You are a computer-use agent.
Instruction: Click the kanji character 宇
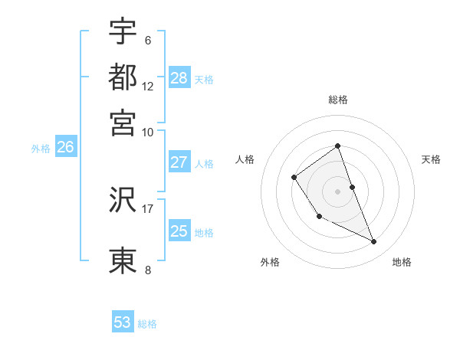tap(123, 32)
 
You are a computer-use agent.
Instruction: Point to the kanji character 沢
tap(123, 200)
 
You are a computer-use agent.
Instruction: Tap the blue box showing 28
tap(179, 77)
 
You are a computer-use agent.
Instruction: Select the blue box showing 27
tap(179, 162)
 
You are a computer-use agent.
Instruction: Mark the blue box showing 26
tap(65, 148)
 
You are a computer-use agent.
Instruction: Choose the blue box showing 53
tap(123, 322)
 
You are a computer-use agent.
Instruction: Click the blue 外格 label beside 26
tap(41, 149)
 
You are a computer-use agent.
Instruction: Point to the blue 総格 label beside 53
tap(147, 324)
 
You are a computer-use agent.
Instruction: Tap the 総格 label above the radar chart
tap(337, 100)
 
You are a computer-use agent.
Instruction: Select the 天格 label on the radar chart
tap(431, 159)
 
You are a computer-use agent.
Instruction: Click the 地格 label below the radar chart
tap(402, 262)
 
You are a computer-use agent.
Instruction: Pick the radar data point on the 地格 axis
tap(374, 242)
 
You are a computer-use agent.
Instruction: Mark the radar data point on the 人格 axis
tap(294, 178)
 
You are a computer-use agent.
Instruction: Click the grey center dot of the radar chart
tap(337, 191)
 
